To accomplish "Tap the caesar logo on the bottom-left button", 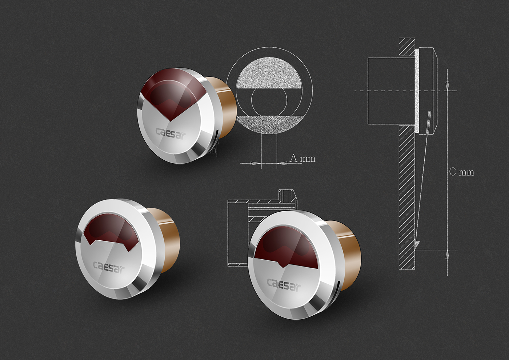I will [108, 267].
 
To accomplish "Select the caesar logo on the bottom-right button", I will [284, 284].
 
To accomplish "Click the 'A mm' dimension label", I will [302, 159].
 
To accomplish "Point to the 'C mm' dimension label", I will [461, 172].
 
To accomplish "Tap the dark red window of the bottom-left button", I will [108, 231].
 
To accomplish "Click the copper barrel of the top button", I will [223, 109].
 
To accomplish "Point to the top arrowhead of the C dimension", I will [447, 86].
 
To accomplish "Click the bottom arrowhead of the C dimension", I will [447, 255].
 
